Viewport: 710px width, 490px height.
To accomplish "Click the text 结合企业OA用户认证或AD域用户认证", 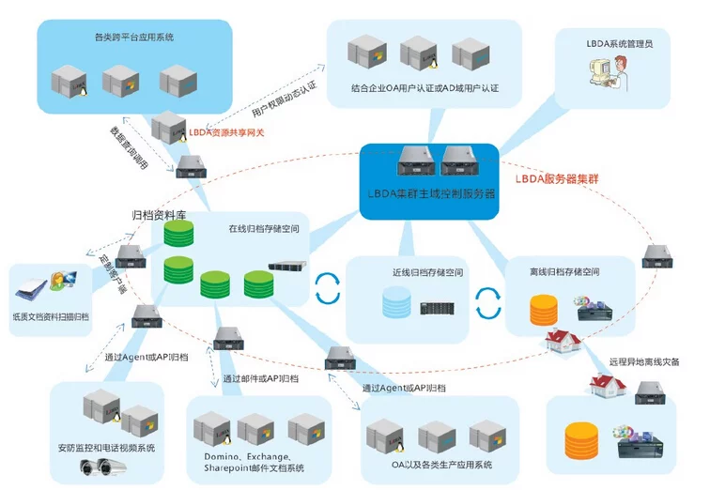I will pyautogui.click(x=424, y=89).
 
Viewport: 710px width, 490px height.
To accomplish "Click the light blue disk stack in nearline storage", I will pyautogui.click(x=396, y=302).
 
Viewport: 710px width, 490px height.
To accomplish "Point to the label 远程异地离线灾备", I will pyautogui.click(x=644, y=361).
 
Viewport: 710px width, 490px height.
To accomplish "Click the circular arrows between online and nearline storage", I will pyautogui.click(x=327, y=288).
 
